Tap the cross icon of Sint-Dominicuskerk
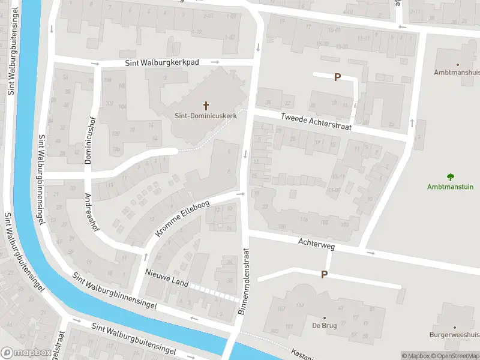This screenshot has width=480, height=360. [206, 106]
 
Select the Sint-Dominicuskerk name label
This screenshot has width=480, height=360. [206, 116]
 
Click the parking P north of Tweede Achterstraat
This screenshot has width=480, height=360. [337, 77]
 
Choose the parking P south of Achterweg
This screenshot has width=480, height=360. [324, 274]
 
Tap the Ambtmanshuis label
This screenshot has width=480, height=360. [457, 72]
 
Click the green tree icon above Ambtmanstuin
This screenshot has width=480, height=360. [450, 176]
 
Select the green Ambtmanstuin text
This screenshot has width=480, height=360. [450, 187]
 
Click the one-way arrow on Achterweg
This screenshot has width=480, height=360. [370, 253]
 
